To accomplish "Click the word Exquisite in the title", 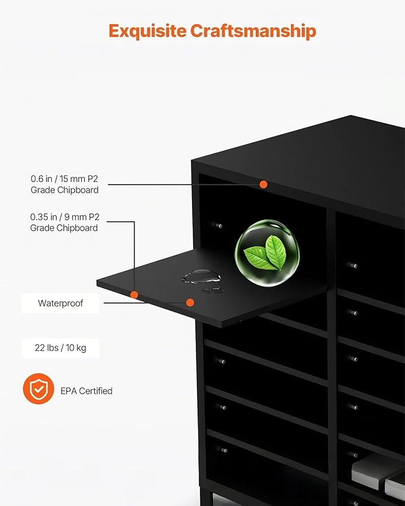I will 147,30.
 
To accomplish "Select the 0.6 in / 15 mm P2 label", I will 64,178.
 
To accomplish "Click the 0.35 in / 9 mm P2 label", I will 64,217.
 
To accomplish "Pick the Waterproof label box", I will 60,303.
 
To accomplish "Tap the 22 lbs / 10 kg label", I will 60,347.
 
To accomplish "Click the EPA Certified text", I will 86,391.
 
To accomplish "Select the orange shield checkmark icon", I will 38,390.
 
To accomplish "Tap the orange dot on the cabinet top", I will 263,185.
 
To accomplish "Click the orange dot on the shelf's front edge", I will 134,294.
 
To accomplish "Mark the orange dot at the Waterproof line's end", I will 190,303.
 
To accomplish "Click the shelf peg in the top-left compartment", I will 219,226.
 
